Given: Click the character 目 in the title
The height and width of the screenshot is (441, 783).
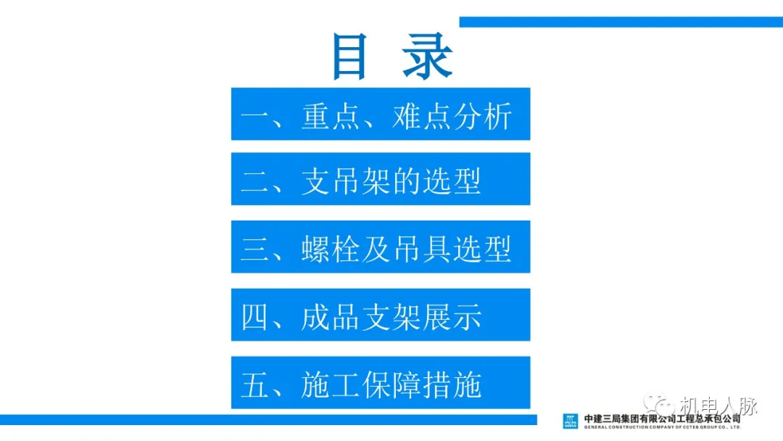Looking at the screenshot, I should coord(349,57).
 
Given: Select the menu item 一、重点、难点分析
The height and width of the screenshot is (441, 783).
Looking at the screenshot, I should coord(380,115).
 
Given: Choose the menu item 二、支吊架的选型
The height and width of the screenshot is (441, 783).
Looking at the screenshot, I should coord(380,179).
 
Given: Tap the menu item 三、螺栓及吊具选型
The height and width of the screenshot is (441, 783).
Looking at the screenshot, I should coord(380,247).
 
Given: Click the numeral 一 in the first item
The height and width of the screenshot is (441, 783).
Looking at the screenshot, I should coord(255,116).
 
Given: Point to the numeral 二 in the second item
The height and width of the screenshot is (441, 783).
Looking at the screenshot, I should coord(255,181).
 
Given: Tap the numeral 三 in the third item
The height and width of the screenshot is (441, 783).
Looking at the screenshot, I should coord(255,249).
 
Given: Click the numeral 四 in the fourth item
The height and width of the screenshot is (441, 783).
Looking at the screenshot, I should coord(255,317).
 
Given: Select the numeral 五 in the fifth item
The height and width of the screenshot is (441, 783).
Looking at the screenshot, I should coord(255,384).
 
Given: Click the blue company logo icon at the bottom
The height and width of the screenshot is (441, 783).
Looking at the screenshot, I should coord(571,421).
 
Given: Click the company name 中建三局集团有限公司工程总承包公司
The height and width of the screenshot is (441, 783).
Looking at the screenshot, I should coord(663,418).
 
